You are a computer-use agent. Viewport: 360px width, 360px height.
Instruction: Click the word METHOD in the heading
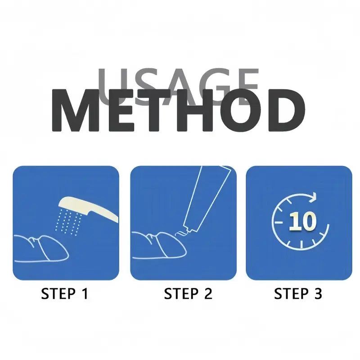point(179,110)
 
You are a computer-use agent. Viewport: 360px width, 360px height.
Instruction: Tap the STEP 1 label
point(65,294)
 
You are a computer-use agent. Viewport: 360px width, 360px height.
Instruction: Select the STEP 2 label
point(188,294)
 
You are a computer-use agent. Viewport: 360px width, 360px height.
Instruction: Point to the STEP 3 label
point(298,294)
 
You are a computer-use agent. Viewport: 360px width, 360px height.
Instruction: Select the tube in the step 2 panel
point(207,198)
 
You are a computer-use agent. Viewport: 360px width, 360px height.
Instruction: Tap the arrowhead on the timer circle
point(314,197)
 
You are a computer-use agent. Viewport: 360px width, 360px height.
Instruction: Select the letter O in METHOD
point(240,110)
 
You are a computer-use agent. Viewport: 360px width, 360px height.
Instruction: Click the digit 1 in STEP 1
point(84,294)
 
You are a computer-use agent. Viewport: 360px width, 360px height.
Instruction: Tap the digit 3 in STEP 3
point(318,294)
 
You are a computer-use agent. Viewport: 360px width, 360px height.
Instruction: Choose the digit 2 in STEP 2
point(207,294)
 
